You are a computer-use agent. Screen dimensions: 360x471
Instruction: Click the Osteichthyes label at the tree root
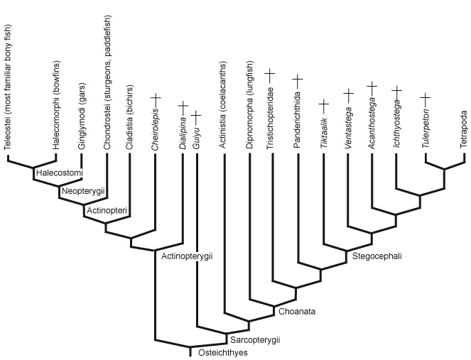tap(222, 353)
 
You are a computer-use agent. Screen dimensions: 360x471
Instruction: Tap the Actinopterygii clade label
tap(188, 256)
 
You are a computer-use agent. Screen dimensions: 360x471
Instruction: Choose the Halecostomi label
tap(58, 173)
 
